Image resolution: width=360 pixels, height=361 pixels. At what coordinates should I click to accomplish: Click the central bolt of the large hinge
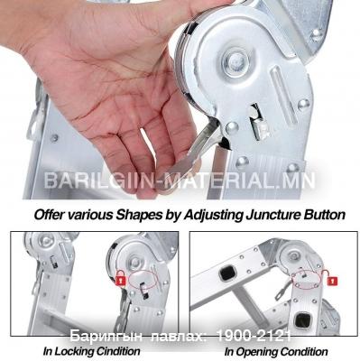[235, 62]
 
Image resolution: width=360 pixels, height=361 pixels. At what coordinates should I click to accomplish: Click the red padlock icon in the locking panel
[121, 278]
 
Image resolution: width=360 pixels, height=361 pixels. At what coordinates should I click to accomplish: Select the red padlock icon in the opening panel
[333, 282]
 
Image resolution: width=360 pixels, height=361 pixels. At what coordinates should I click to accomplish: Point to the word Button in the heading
[325, 215]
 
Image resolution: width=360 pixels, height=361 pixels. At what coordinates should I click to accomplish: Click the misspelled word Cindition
[120, 351]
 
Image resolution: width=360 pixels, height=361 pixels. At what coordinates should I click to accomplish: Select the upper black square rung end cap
[226, 273]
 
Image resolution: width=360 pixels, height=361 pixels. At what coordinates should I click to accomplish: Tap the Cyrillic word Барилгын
[106, 337]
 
